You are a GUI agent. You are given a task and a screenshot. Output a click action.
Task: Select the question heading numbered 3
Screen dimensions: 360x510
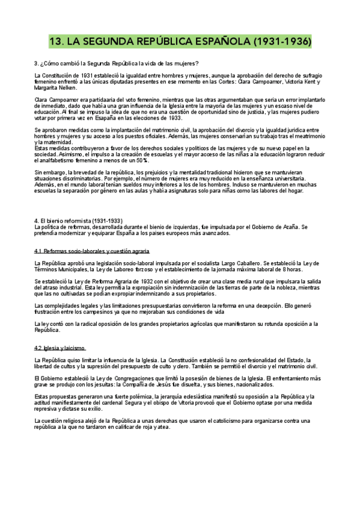(117, 63)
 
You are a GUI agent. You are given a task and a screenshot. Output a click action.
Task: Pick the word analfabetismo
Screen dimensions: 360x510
(67, 160)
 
